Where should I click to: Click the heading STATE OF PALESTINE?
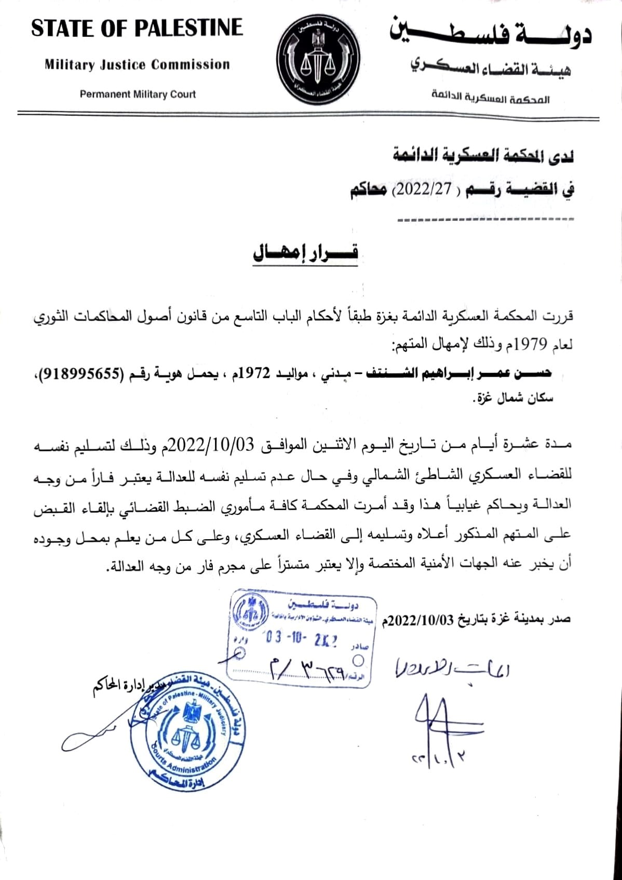pos(137,28)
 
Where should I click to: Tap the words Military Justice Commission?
pos(137,65)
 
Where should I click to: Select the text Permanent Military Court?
pos(138,95)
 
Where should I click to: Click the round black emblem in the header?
pos(311,58)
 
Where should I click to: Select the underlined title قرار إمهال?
pos(305,253)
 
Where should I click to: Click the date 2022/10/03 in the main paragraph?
pos(211,444)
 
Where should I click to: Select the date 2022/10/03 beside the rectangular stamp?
pos(422,620)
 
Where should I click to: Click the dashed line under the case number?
pos(485,219)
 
